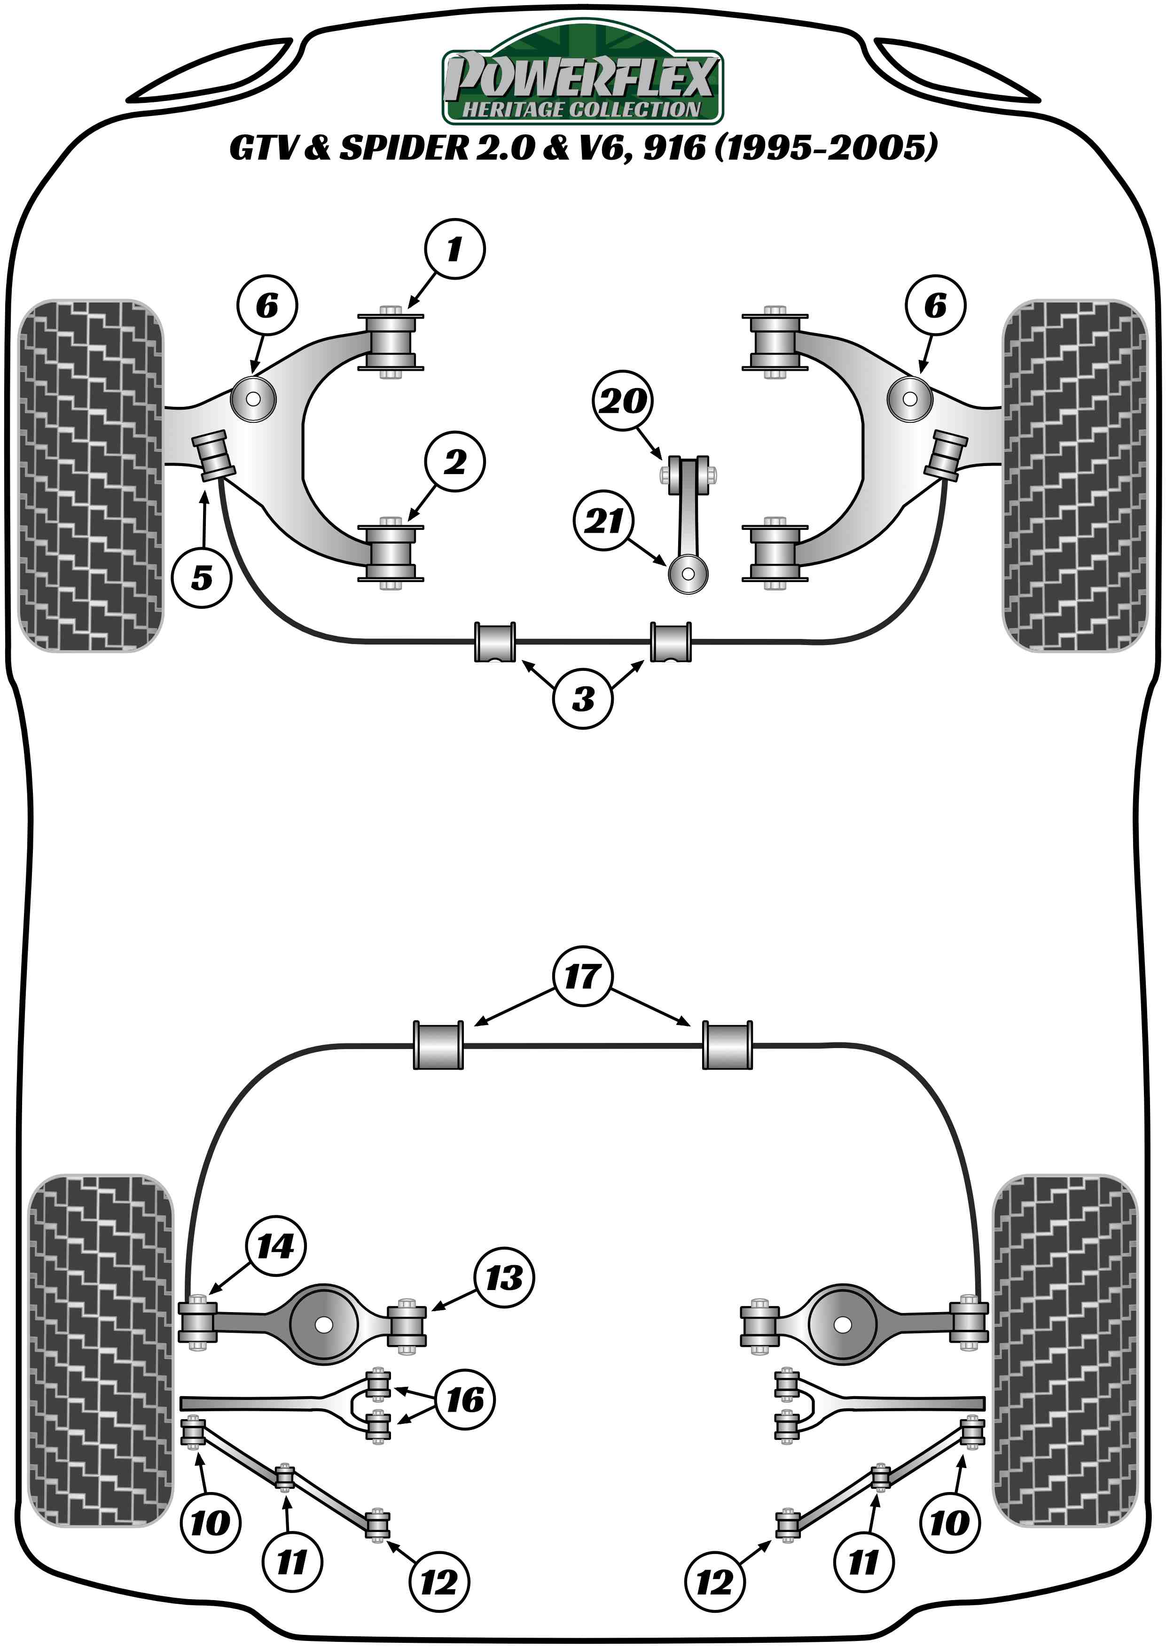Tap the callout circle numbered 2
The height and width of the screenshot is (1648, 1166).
pos(454,461)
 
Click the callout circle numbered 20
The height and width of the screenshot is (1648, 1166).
pos(623,401)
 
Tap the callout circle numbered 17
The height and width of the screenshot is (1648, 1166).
pos(582,976)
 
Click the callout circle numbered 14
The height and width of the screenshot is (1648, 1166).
pos(276,1246)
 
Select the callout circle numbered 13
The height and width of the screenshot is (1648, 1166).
pos(503,1278)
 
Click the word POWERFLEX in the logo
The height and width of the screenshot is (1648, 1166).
pos(581,78)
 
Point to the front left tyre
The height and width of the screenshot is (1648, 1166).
pos(90,475)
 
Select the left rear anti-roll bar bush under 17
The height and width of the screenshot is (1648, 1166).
pos(438,1045)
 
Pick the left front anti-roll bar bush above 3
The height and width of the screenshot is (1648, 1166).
pos(495,642)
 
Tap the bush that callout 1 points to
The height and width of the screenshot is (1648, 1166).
pos(391,342)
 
